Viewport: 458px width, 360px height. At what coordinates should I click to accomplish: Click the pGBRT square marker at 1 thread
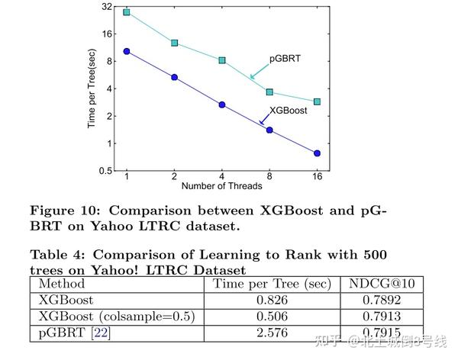pyautogui.click(x=127, y=12)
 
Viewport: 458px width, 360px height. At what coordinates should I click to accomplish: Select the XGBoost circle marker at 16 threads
pyautogui.click(x=317, y=153)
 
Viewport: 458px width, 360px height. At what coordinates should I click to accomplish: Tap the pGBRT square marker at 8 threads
pyautogui.click(x=269, y=92)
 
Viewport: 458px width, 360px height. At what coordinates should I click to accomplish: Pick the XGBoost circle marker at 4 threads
pyautogui.click(x=222, y=104)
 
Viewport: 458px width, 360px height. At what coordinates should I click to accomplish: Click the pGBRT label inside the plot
pyautogui.click(x=284, y=59)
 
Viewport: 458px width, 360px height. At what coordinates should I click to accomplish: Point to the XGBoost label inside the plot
pyautogui.click(x=289, y=111)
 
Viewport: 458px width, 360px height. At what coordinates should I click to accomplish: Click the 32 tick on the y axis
pyautogui.click(x=106, y=7)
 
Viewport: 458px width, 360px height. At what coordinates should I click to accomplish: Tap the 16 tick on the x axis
pyautogui.click(x=317, y=176)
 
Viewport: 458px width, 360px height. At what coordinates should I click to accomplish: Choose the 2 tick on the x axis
pyautogui.click(x=175, y=176)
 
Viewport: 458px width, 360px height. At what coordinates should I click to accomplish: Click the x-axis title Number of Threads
pyautogui.click(x=221, y=186)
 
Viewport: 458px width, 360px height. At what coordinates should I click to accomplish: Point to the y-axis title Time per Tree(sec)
pyautogui.click(x=92, y=88)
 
